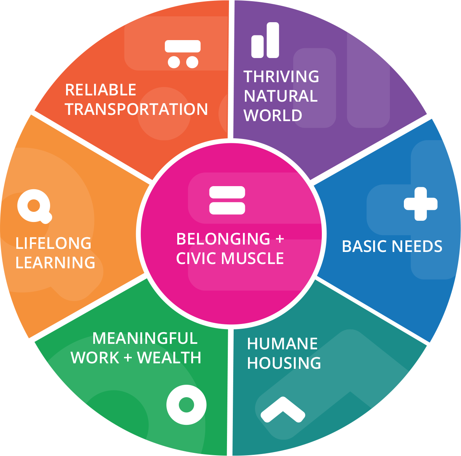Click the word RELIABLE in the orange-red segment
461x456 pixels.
coord(100,90)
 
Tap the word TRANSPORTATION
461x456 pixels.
coord(136,109)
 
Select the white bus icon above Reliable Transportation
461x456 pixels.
coord(183,54)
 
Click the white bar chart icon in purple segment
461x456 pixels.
coord(265,40)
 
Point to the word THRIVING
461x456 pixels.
coord(281,76)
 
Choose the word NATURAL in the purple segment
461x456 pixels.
coord(281,96)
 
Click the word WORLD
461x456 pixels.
coord(272,115)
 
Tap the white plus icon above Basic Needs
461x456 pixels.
coord(421,204)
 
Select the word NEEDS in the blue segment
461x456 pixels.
coord(417,246)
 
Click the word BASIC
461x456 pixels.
coord(365,246)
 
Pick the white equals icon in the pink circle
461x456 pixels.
coord(227,200)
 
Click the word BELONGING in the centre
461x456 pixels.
coord(223,239)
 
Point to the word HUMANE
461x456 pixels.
coord(282,344)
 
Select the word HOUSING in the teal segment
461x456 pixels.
coord(284,363)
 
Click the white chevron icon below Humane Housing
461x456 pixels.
coord(283,410)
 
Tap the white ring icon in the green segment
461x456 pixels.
coord(186,405)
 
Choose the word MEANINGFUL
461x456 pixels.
coord(145,338)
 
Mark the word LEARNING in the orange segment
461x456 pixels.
coord(55,262)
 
